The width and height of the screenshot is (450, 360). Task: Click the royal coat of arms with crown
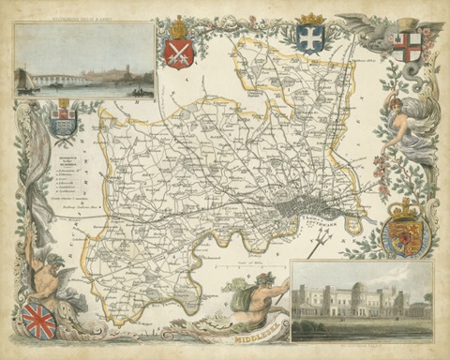click(x=405, y=232)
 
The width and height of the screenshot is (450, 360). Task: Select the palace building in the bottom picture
click(x=361, y=300)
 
